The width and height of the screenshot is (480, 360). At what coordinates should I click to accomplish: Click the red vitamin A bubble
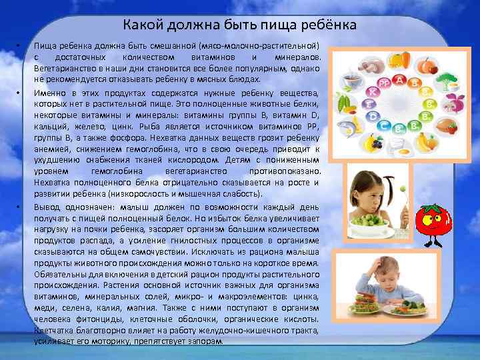pyautogui.click(x=400, y=81)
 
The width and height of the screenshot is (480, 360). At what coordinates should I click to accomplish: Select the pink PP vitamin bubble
pyautogui.click(x=383, y=83)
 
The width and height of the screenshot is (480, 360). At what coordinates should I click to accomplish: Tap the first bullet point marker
pyautogui.click(x=20, y=46)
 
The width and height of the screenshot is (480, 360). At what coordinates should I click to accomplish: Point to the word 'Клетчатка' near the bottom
pyautogui.click(x=57, y=331)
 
